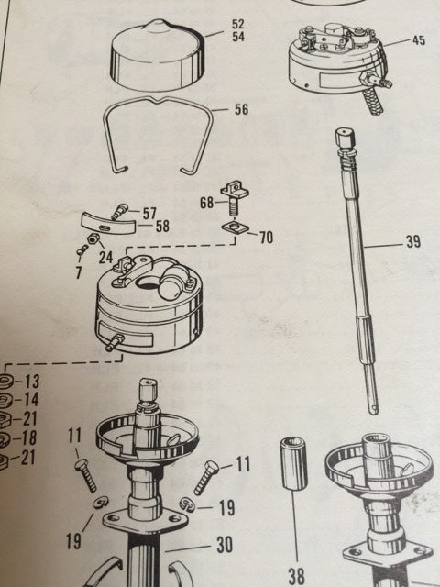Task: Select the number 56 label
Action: [241, 109]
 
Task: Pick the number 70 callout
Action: [265, 237]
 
